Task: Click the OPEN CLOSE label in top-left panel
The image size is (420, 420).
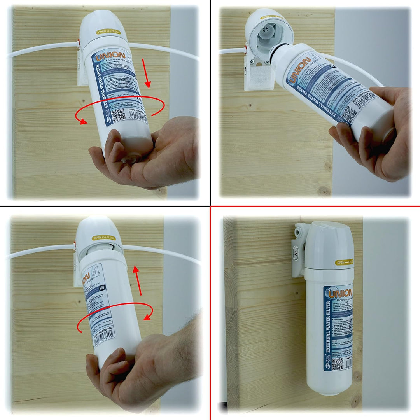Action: [107, 31]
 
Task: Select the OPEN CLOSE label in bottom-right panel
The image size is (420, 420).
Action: [345, 262]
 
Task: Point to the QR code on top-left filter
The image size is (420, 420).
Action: [118, 114]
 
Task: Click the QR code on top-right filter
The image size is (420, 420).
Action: [349, 114]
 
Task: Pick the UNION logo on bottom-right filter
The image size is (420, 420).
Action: [340, 292]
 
